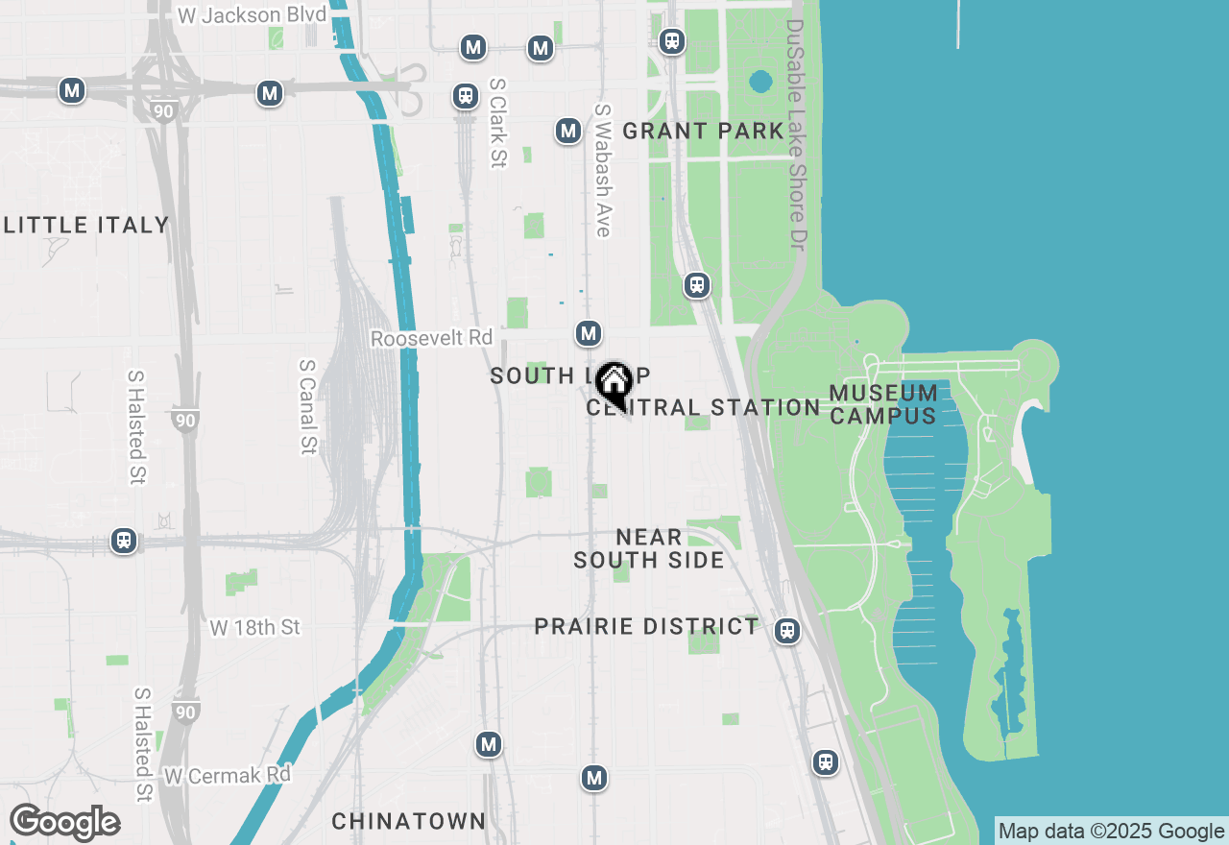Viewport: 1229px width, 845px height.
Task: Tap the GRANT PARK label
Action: tap(703, 132)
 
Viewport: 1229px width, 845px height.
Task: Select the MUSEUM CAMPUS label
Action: tap(883, 404)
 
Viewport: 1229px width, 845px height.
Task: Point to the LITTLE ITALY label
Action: tap(86, 226)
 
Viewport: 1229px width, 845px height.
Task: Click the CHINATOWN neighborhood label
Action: tap(409, 822)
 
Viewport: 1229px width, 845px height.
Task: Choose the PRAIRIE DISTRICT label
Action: tap(646, 627)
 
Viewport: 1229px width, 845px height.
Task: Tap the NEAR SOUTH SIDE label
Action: tap(649, 548)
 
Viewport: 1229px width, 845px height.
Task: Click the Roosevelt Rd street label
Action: tap(431, 339)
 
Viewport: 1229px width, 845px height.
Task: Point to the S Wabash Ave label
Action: tap(603, 170)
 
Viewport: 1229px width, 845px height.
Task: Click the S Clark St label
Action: tap(497, 123)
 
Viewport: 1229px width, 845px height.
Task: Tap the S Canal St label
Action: tap(308, 406)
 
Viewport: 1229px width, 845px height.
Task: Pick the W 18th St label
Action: tap(255, 628)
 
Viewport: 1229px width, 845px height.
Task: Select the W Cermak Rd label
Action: tap(228, 775)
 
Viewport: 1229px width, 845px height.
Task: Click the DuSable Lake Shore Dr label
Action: tap(796, 134)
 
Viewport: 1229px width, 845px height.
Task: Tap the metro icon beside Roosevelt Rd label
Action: tap(589, 333)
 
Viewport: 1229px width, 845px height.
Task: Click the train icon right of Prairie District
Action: tap(787, 630)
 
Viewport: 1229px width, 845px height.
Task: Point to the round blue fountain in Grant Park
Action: tap(760, 82)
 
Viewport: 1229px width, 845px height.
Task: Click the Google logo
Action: tap(64, 823)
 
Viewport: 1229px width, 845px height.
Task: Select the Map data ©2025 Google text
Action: tap(1111, 832)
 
